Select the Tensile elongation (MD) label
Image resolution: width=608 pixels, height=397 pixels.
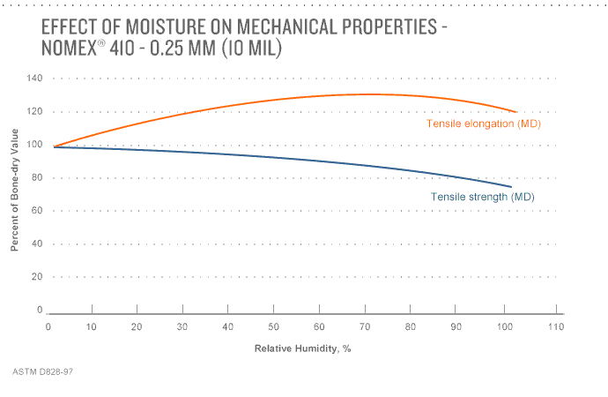tap(483, 124)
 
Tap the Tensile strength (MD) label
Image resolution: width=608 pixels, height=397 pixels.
tap(482, 197)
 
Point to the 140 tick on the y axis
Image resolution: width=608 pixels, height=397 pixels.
tap(34, 79)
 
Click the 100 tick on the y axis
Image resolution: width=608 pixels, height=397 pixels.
tap(34, 145)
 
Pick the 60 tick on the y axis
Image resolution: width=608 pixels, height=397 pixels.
tap(37, 211)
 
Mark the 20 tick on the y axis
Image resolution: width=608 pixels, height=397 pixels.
tap(37, 277)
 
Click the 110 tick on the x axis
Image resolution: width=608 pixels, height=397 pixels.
tap(555, 326)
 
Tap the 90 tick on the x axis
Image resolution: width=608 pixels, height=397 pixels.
tap(455, 326)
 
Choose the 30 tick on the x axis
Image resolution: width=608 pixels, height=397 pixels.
tap(182, 326)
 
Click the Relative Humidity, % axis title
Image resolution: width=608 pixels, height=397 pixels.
tap(302, 348)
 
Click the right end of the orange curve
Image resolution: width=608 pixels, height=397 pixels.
tap(517, 111)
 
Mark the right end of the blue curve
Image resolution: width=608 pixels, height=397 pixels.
tap(511, 186)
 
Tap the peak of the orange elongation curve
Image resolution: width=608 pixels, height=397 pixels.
tap(370, 94)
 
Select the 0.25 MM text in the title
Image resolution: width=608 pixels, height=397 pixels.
tap(175, 50)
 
